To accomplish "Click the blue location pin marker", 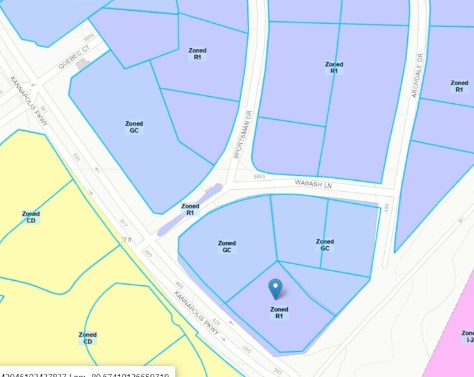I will pos(275,289).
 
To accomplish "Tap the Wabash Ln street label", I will pos(313,184).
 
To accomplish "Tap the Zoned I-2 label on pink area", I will pos(468,337).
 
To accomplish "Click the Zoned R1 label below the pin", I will pos(279,313).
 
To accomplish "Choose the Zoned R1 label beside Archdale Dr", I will pos(459,87).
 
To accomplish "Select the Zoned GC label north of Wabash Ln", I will pos(134,127).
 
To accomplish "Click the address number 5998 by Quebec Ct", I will pos(89,37).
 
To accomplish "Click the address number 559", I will pos(76,157).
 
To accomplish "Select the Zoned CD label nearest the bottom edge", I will pos(87,338).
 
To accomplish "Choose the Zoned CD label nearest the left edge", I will pos(31,217).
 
